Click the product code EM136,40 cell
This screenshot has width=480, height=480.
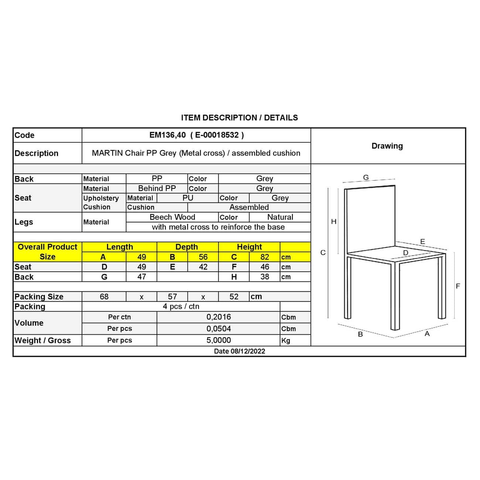196,135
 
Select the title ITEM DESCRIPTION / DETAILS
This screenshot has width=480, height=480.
239,118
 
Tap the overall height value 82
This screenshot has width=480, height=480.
265,257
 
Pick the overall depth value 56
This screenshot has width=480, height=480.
203,257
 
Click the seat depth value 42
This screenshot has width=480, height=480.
203,267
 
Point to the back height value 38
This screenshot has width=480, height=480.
265,277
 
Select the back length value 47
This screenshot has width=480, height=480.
142,277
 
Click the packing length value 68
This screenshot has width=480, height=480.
104,297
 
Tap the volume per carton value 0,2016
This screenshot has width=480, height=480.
219,317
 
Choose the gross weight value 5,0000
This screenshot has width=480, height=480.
219,340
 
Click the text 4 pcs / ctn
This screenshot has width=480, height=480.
181,306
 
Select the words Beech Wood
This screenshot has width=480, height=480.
172,217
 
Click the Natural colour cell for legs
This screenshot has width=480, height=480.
280,217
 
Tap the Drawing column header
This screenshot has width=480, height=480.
387,146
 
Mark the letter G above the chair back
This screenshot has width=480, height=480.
366,178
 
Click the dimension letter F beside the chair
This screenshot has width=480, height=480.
458,286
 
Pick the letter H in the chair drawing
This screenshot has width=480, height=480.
334,222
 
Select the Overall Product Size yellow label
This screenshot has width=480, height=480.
47,252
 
